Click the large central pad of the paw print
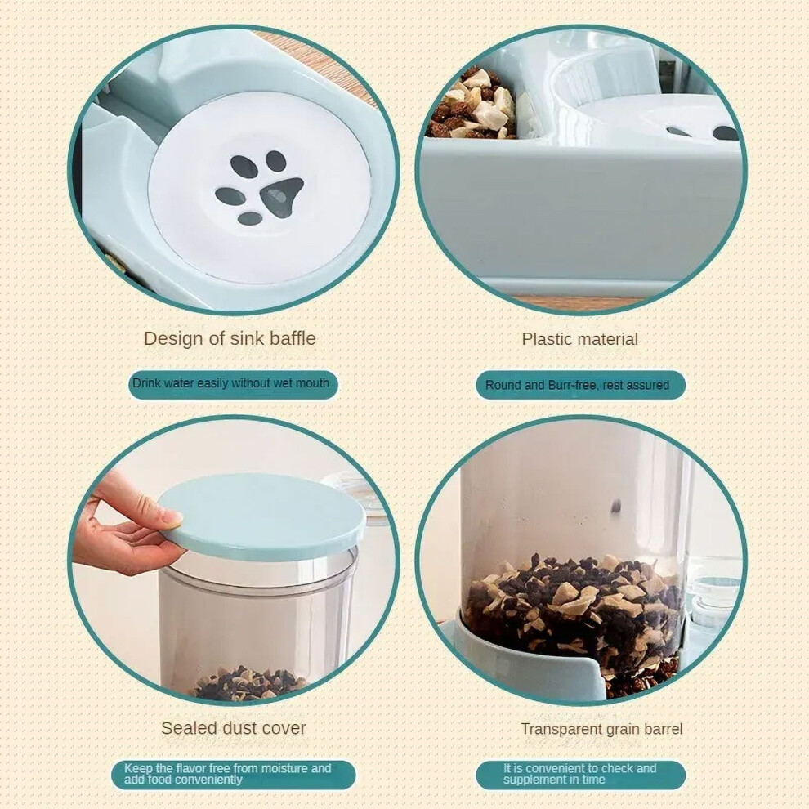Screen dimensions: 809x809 click(x=281, y=197)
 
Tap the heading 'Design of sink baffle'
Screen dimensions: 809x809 click(x=230, y=338)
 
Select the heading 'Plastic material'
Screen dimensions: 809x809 click(x=580, y=339)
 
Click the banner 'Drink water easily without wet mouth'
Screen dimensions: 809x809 click(x=233, y=384)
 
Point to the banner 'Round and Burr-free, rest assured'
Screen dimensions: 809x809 click(x=580, y=385)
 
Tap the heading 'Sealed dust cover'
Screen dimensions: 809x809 click(x=234, y=728)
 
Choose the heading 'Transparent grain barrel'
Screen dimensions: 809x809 click(x=601, y=729)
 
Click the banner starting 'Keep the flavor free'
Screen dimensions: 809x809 click(x=233, y=775)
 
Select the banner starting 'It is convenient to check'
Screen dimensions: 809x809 click(x=580, y=775)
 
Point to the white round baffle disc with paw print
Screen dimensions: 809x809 click(x=260, y=188)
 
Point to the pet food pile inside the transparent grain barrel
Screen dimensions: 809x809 click(x=573, y=609)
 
